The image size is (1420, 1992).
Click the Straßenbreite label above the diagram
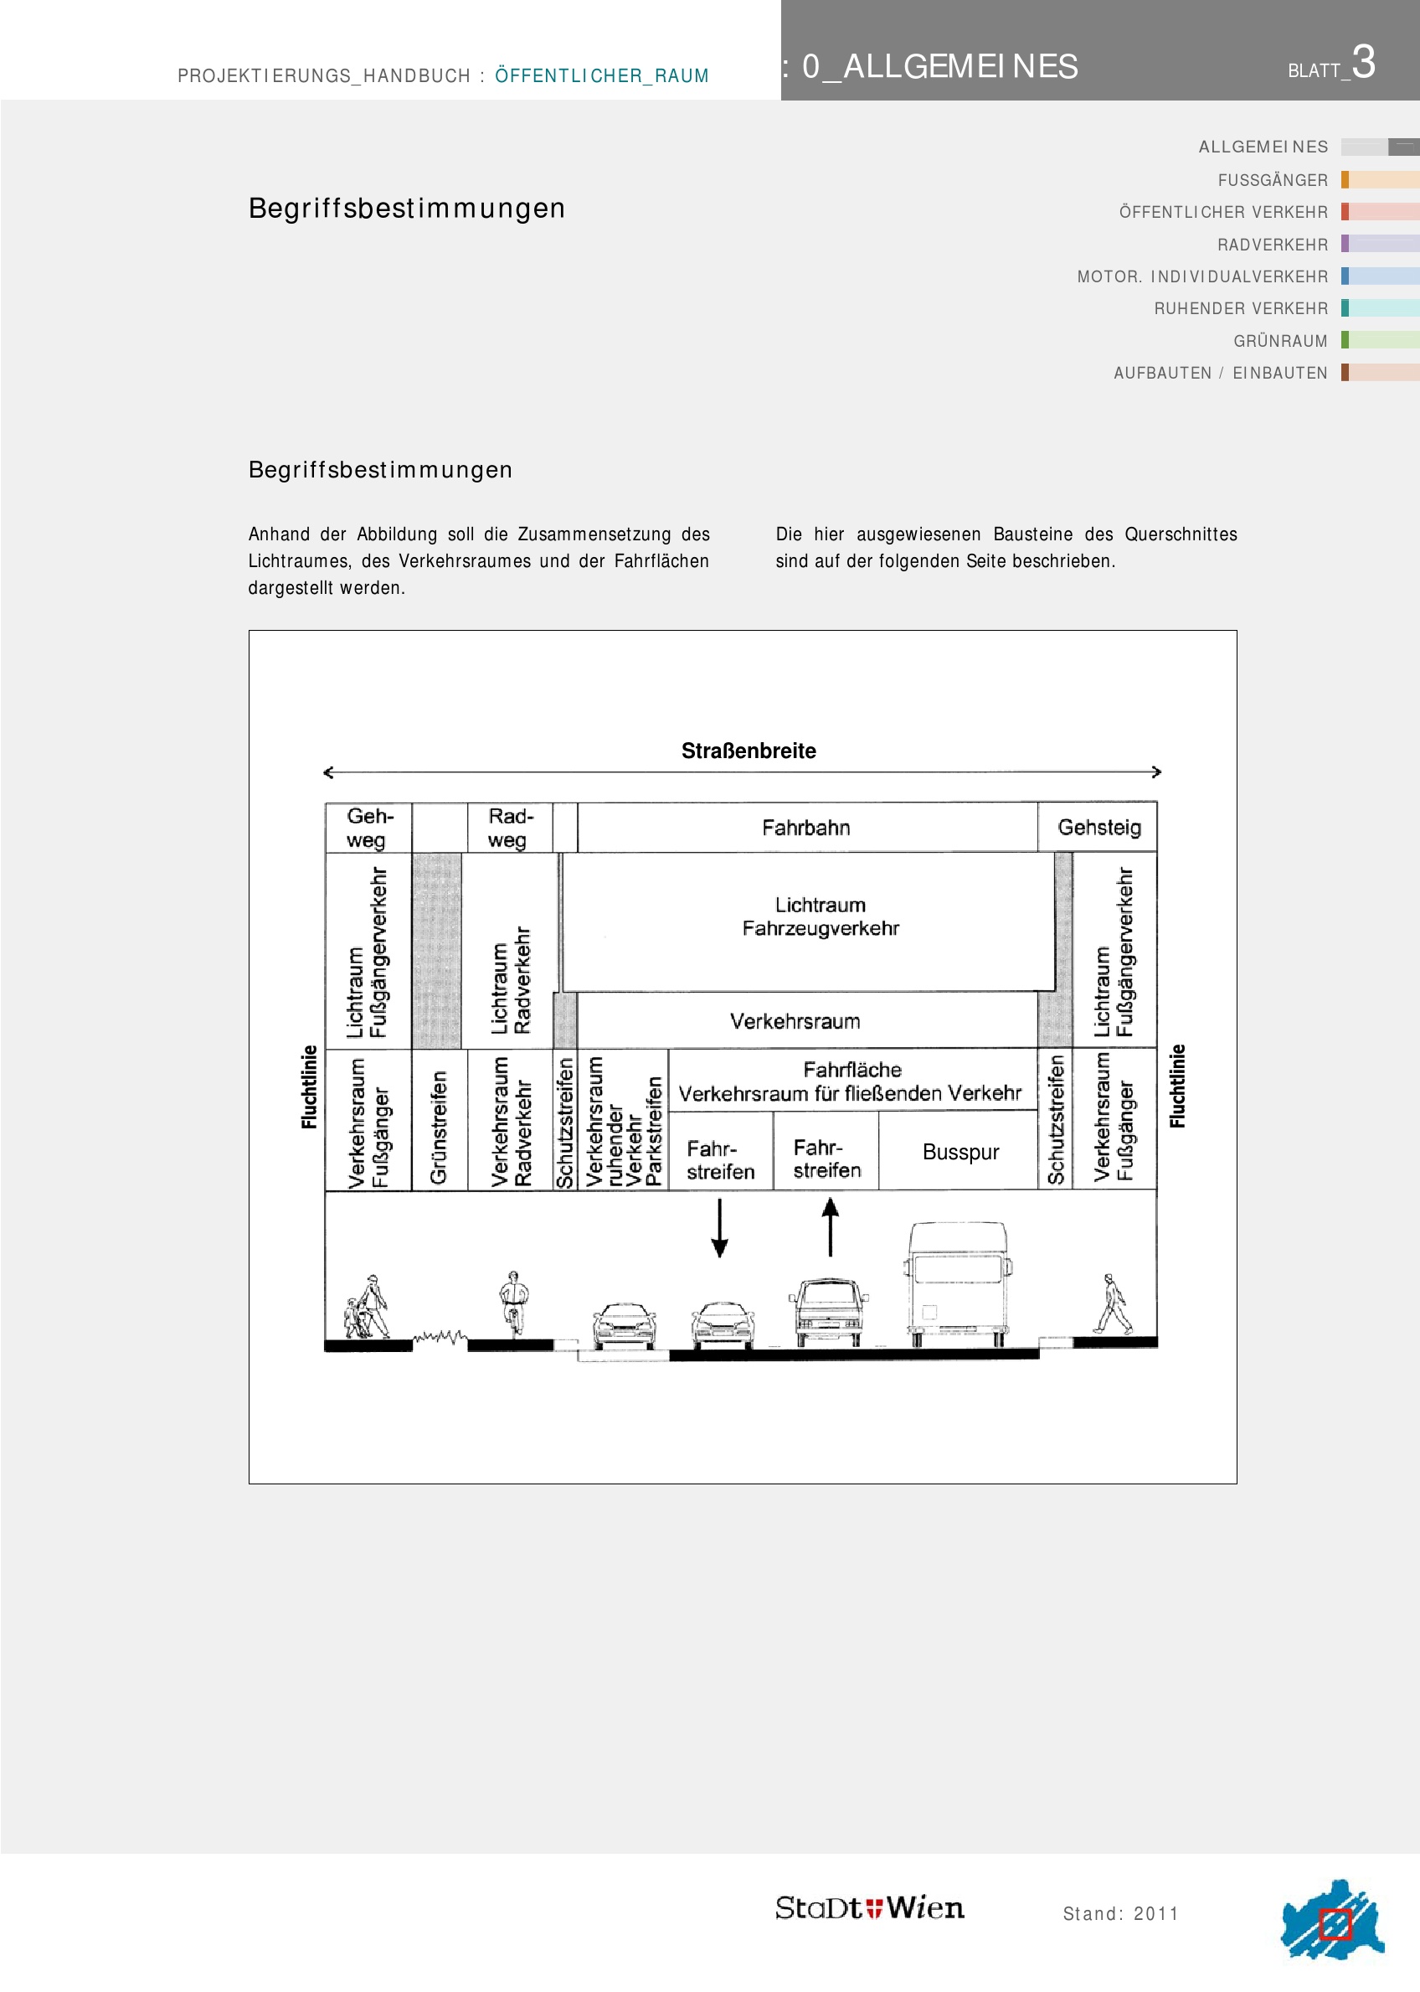[749, 751]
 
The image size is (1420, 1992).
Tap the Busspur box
[960, 1152]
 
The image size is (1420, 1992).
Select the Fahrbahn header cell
[805, 828]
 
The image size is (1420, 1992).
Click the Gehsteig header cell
[1099, 828]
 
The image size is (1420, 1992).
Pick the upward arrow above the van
[830, 1226]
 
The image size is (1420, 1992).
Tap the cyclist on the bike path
[513, 1303]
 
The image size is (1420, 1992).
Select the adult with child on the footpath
[368, 1307]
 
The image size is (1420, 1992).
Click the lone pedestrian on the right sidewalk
[1113, 1304]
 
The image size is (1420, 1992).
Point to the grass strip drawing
[439, 1337]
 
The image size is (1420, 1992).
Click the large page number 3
[1363, 63]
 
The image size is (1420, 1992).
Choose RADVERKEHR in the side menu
[1273, 245]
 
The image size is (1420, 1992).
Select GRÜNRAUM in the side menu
[1280, 341]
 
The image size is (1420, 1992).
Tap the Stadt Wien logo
[869, 1908]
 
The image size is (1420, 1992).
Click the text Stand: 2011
[1120, 1914]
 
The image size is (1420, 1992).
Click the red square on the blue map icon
[1335, 1924]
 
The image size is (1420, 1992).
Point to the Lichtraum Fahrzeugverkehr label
[821, 916]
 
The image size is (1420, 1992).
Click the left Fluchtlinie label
[309, 1086]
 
